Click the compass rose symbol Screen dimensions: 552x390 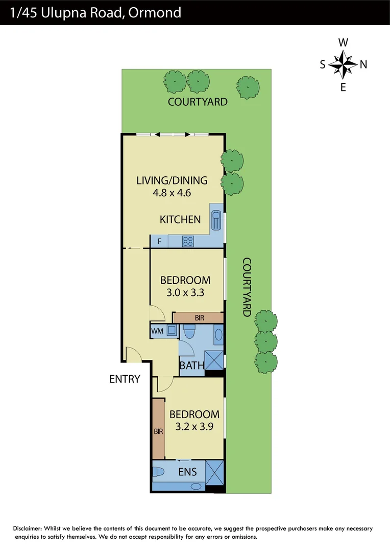pyautogui.click(x=343, y=64)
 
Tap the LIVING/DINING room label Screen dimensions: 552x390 pyautogui.click(x=172, y=180)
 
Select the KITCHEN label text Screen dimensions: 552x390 pyautogui.click(x=180, y=220)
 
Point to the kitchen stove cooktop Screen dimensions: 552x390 pyautogui.click(x=188, y=241)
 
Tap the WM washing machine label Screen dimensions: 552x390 pyautogui.click(x=157, y=331)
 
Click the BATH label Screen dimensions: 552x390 pyautogui.click(x=192, y=365)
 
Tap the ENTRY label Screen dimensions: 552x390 pyautogui.click(x=125, y=379)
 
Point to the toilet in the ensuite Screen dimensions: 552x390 pyautogui.click(x=158, y=471)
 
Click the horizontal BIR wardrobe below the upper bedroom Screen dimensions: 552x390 pyautogui.click(x=199, y=318)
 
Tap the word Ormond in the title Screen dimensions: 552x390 pyautogui.click(x=157, y=12)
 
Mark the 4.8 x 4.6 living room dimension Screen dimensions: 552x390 pyautogui.click(x=172, y=193)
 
